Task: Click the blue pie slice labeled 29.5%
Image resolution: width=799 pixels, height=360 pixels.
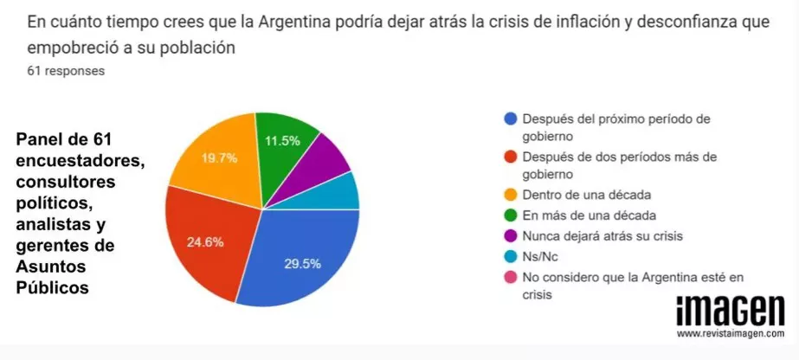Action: point(299,260)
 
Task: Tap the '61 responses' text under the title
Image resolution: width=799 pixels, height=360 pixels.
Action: point(66,71)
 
